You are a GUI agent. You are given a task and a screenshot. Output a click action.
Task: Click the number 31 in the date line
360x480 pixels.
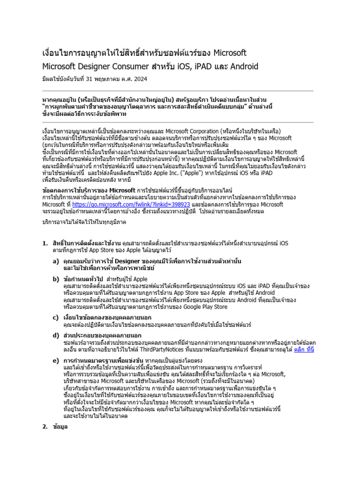[x=91, y=79]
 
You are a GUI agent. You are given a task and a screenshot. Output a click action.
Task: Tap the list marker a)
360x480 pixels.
[x=56, y=261]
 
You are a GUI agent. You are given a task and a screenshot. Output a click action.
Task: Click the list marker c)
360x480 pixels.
[x=56, y=317]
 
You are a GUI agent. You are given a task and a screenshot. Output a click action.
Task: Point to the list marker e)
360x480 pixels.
[x=56, y=360]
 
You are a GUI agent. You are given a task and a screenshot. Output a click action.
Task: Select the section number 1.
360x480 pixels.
[x=45, y=243]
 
